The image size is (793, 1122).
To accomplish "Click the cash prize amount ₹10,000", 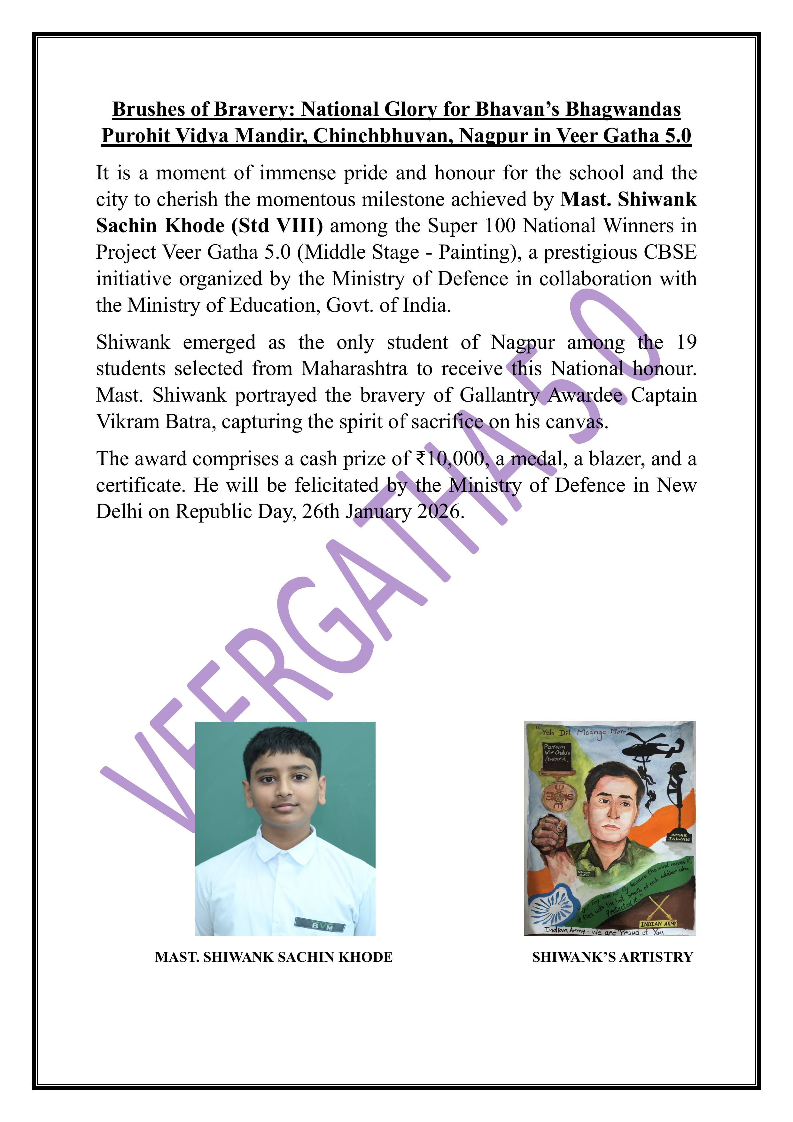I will (x=450, y=459).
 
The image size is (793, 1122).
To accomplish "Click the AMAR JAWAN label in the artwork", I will (x=679, y=836).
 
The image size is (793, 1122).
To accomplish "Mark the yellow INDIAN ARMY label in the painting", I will (x=658, y=924).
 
